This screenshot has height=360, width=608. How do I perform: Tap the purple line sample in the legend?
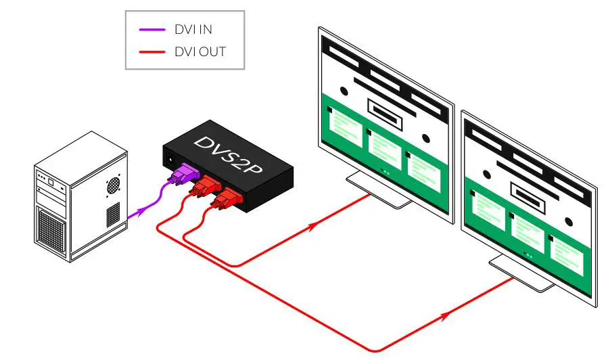click(x=152, y=30)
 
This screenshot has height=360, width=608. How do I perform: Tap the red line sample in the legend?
click(x=152, y=51)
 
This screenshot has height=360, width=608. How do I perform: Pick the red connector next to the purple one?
click(x=204, y=187)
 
